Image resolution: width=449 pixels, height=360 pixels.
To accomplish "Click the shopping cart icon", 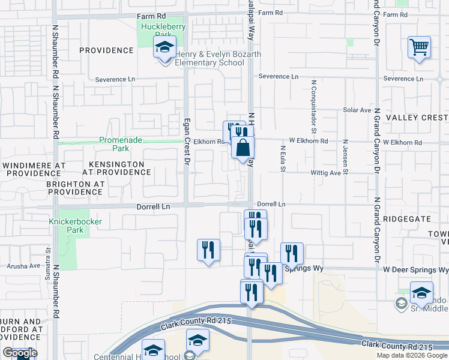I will click(x=420, y=47).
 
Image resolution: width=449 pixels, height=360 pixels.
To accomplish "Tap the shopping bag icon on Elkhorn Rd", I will click(x=243, y=148).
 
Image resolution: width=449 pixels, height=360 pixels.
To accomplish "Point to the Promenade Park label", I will click(x=121, y=144).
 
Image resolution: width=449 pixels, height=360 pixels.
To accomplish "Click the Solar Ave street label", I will click(x=357, y=110).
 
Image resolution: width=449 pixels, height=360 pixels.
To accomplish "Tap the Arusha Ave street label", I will click(x=23, y=265).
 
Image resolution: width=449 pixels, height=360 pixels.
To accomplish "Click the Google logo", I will click(x=20, y=353).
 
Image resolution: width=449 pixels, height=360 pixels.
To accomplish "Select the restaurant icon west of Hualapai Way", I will click(x=208, y=250).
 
